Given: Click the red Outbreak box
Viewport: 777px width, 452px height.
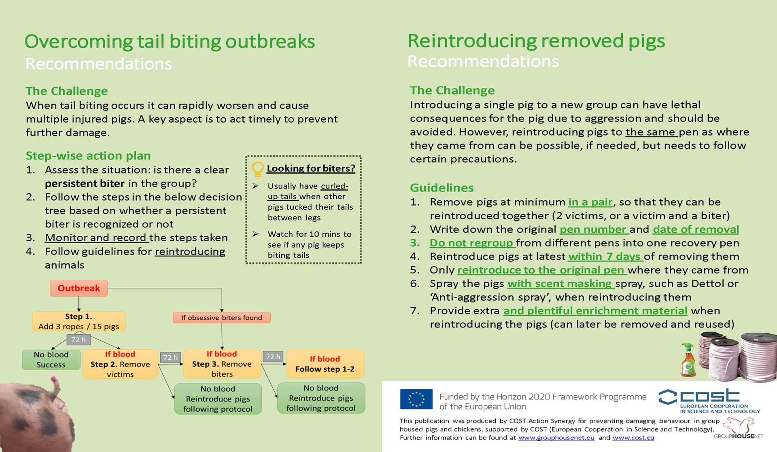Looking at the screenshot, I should pyautogui.click(x=79, y=288).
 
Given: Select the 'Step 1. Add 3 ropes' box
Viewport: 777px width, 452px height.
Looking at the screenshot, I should pyautogui.click(x=79, y=321).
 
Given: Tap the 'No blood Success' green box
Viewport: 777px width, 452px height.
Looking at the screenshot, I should pyautogui.click(x=51, y=360).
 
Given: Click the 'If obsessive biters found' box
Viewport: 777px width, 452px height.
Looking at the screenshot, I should pyautogui.click(x=221, y=318).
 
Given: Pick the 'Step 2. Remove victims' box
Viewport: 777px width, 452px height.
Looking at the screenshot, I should pyautogui.click(x=120, y=364).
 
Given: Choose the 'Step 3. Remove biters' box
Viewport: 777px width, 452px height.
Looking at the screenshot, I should pyautogui.click(x=222, y=364).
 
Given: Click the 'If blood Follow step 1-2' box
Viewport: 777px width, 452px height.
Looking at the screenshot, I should pyautogui.click(x=325, y=364).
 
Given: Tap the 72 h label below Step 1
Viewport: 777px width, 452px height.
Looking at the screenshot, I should pyautogui.click(x=78, y=340).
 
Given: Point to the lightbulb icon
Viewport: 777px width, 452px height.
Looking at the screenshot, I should pyautogui.click(x=257, y=170).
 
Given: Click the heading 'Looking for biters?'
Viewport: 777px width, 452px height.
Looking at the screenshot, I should pyautogui.click(x=311, y=168).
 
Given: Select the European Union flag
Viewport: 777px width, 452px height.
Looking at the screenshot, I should pyautogui.click(x=416, y=399).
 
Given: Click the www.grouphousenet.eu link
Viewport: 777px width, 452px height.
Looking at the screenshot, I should pyautogui.click(x=556, y=438).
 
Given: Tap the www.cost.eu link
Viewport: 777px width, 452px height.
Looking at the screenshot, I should pyautogui.click(x=633, y=438).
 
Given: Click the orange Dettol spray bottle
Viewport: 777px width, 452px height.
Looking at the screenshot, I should pyautogui.click(x=688, y=360).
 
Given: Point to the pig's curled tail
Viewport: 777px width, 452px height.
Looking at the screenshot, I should pyautogui.click(x=55, y=387).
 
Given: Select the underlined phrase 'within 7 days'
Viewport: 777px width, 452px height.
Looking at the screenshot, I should pyautogui.click(x=605, y=257).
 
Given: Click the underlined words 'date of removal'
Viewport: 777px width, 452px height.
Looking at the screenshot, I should pyautogui.click(x=696, y=229).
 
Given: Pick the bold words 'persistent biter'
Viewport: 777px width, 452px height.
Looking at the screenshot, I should pyautogui.click(x=85, y=184).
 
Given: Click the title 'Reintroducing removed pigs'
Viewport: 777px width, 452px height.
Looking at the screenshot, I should pyautogui.click(x=536, y=41).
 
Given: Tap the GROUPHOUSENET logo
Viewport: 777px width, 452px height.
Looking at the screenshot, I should pyautogui.click(x=739, y=429).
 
